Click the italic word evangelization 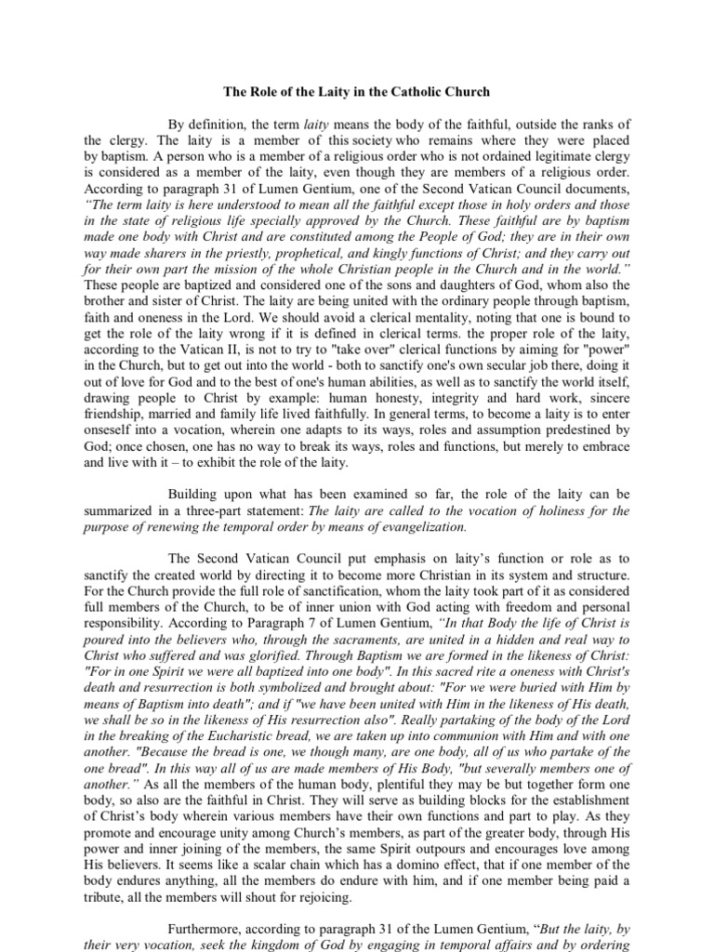415,526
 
